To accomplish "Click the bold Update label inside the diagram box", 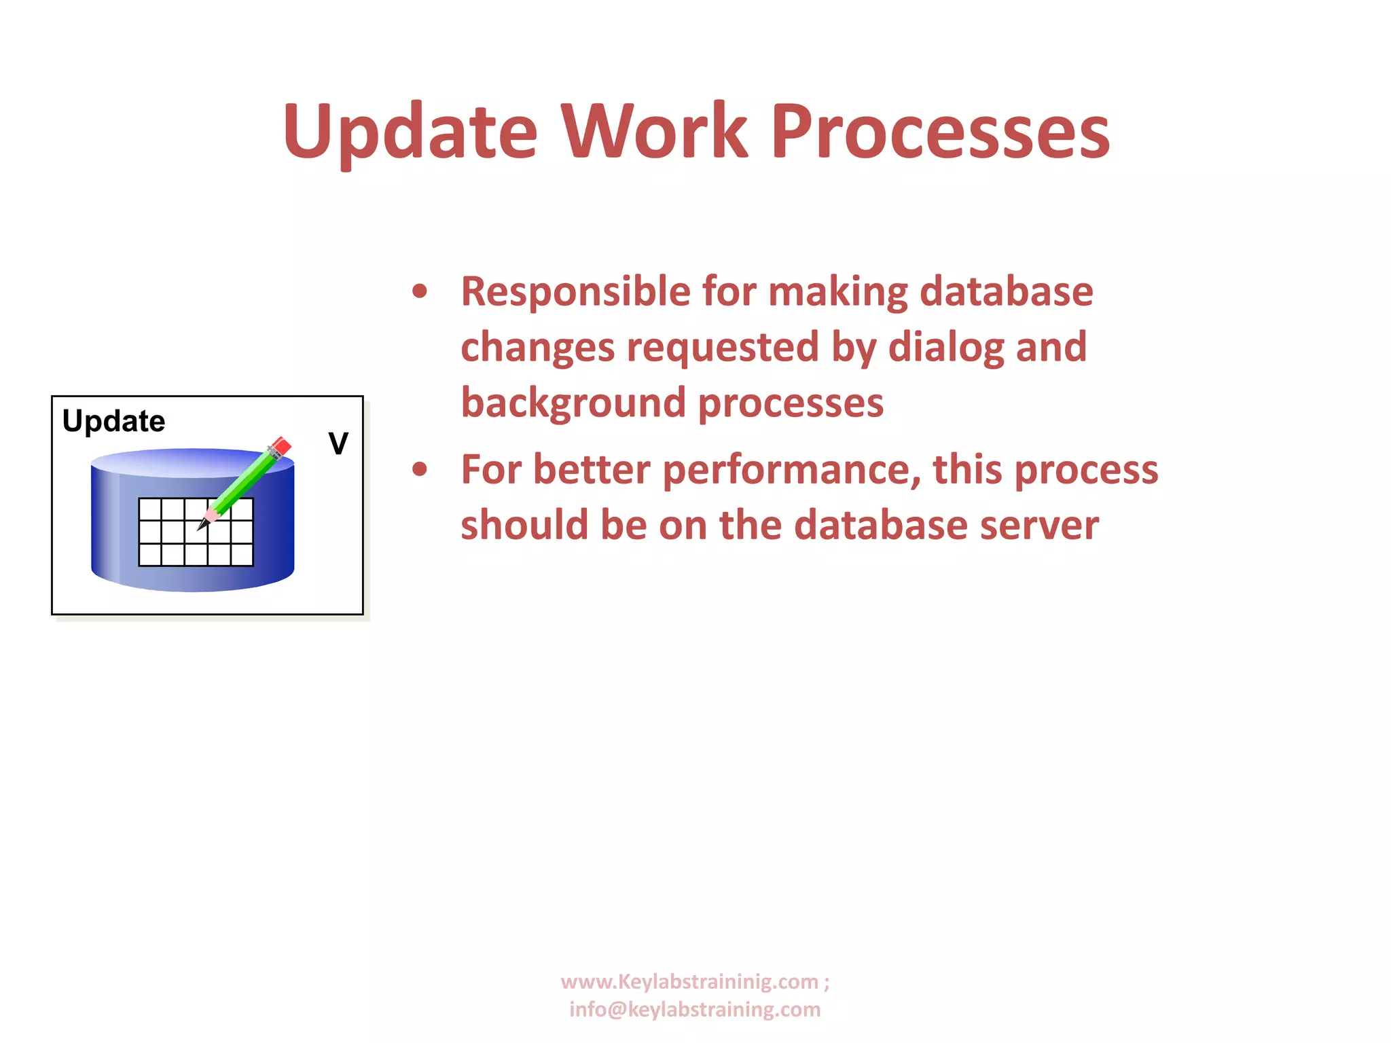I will pos(113,421).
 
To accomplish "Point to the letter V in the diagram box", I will pos(338,444).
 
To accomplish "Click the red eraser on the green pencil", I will pos(281,446).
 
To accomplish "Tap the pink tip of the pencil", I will pos(211,516).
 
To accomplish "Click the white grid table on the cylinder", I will pos(196,532).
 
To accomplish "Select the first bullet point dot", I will pos(420,291).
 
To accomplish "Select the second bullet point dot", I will pos(420,469).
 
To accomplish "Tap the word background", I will pos(573,403).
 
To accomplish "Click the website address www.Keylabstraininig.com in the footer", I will pos(689,982).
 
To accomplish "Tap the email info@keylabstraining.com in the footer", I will pos(695,1010).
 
